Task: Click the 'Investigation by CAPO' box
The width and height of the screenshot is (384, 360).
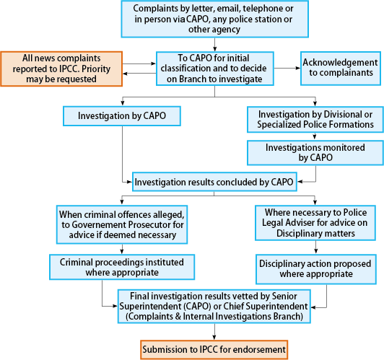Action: click(122, 116)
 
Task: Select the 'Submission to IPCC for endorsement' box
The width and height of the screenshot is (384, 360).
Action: click(214, 349)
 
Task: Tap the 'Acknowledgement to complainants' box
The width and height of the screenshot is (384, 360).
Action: click(341, 69)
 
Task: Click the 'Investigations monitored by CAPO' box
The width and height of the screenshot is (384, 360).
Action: click(315, 153)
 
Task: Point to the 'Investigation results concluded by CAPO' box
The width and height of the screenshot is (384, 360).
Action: click(214, 182)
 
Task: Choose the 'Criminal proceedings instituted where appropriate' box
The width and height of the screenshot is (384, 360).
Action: click(122, 267)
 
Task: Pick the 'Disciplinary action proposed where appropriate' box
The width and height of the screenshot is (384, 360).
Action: click(316, 269)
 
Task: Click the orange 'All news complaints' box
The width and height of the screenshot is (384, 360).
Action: click(61, 69)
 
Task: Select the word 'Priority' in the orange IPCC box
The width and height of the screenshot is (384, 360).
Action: click(96, 69)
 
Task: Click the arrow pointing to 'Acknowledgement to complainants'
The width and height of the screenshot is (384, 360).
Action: click(287, 69)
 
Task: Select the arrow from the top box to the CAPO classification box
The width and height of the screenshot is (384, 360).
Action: click(214, 45)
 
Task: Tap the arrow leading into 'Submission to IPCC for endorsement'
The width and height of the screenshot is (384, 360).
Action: click(214, 332)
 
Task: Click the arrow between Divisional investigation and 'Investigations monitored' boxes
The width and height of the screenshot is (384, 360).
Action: click(315, 136)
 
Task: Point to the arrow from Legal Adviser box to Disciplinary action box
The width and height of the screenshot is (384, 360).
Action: click(315, 247)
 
